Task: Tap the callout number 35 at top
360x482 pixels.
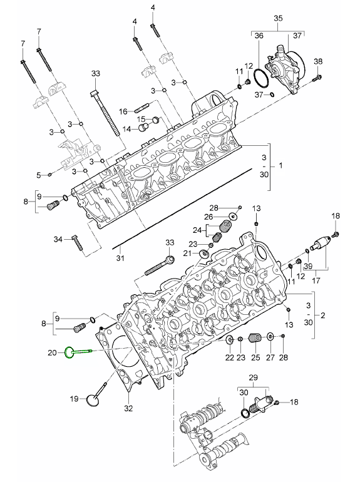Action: click(278, 18)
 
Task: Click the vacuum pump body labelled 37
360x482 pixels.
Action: click(285, 69)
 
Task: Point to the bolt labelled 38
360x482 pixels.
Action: click(317, 78)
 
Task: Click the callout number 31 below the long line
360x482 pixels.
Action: click(120, 258)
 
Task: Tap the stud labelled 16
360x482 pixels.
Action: click(142, 108)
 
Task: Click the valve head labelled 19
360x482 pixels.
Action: click(92, 399)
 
